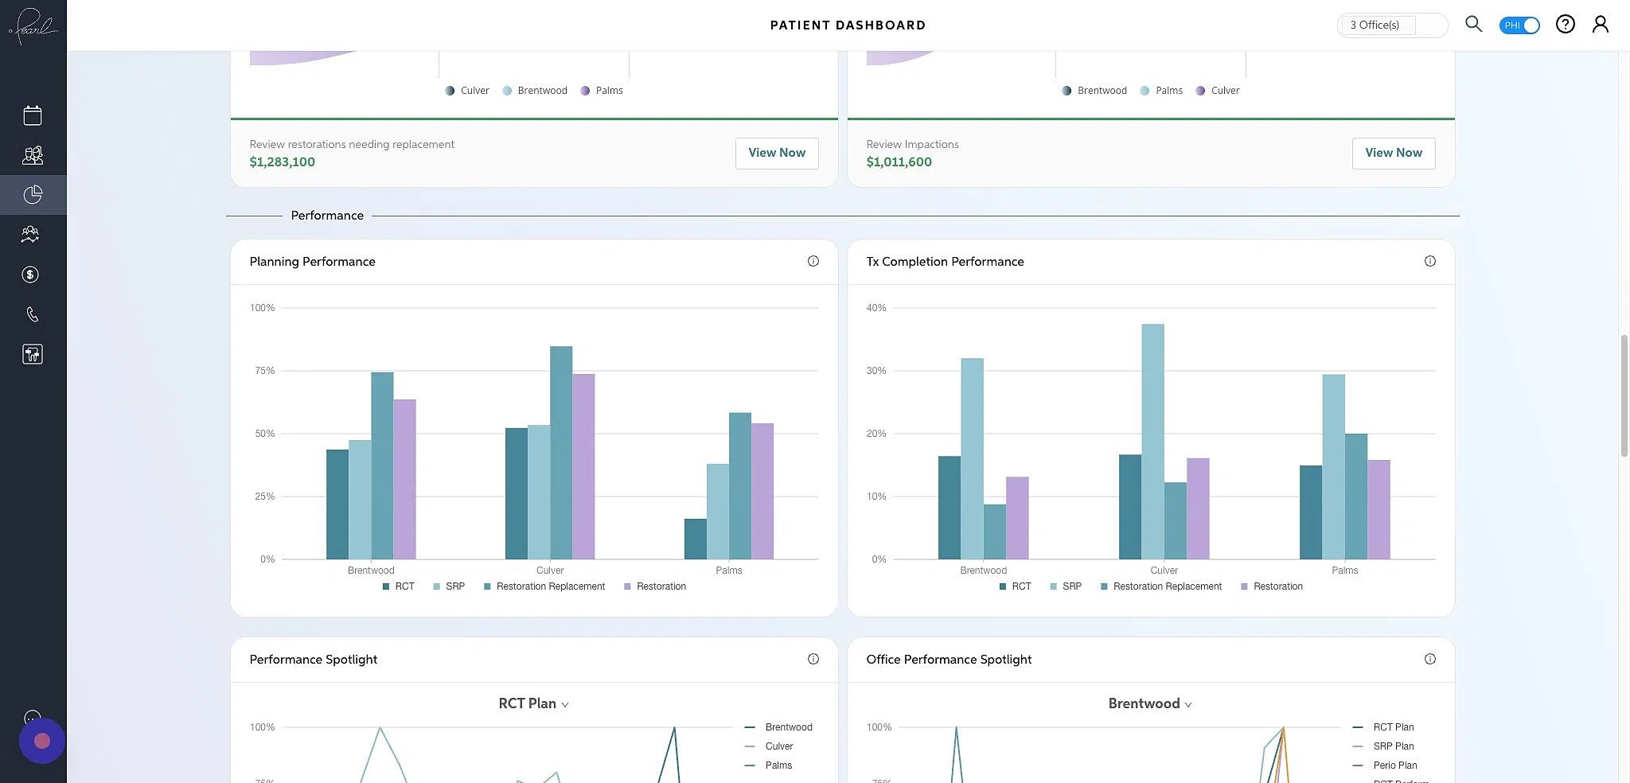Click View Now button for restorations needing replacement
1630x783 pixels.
tap(776, 153)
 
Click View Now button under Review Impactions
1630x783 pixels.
tap(1393, 153)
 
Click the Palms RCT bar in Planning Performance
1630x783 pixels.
tap(695, 539)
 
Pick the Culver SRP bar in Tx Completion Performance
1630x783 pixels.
tap(1152, 441)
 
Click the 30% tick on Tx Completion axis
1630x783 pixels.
tap(875, 371)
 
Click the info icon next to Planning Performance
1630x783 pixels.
tap(813, 261)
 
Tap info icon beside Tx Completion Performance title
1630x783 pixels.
tap(1429, 261)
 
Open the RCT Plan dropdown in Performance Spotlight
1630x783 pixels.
tap(533, 703)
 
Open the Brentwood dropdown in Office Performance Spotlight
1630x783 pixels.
tap(1149, 703)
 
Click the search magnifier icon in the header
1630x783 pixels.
tap(1473, 24)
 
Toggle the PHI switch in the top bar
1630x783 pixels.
tap(1519, 25)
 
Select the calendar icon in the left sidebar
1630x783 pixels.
tap(33, 115)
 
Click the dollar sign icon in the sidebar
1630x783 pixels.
tap(30, 275)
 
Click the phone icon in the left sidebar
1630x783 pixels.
tap(32, 314)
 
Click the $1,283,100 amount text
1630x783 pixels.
tap(282, 162)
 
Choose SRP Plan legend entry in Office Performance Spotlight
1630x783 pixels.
tap(1393, 746)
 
